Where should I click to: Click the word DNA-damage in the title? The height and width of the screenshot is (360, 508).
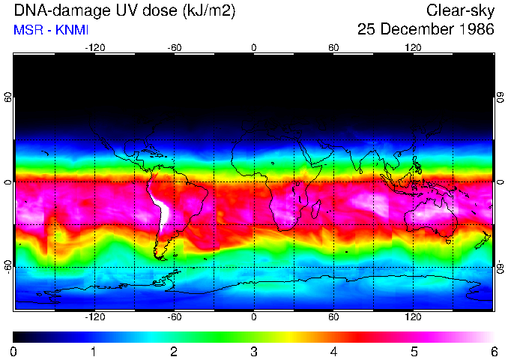[53, 11]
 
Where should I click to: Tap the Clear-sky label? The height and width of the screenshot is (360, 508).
[460, 11]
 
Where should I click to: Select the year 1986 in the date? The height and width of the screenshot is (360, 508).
[474, 30]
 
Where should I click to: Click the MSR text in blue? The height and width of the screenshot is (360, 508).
[27, 31]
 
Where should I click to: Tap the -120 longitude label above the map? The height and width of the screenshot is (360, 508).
[94, 48]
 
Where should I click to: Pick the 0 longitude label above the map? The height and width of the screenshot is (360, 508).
[254, 48]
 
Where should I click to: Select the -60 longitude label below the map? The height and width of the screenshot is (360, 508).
[175, 318]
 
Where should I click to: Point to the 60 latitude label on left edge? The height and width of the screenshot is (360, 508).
[7, 97]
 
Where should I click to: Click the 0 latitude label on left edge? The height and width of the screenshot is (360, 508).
[7, 181]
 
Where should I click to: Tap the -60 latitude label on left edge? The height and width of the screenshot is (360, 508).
[7, 266]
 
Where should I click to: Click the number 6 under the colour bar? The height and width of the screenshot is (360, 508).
[493, 352]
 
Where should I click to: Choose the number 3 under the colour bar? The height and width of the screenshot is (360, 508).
[254, 352]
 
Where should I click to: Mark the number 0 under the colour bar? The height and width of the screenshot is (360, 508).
[14, 352]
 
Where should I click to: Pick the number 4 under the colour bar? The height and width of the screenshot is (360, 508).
[333, 352]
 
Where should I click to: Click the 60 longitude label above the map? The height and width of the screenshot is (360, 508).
[333, 48]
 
